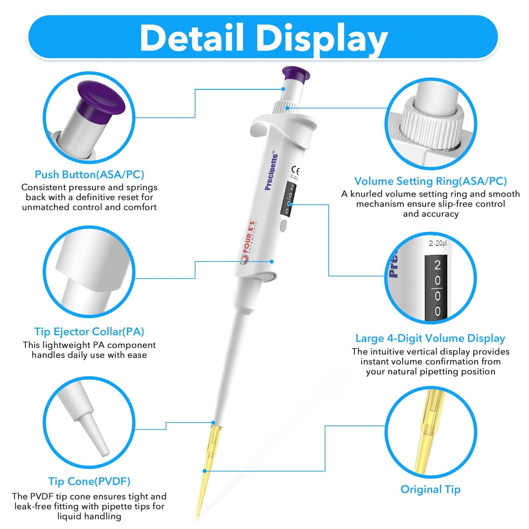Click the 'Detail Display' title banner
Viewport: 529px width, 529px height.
264,37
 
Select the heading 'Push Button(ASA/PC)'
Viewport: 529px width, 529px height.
89,175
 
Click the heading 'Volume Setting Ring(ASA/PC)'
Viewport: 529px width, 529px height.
431,181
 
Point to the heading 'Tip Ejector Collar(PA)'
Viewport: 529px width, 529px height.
89,332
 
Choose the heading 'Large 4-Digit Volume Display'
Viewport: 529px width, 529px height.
431,338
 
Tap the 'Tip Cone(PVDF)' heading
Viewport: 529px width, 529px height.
89,481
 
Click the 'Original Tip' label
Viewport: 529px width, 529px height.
431,489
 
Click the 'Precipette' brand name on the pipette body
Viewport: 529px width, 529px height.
271,172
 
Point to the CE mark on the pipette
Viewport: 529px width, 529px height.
295,171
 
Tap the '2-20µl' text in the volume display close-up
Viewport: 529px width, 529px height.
438,243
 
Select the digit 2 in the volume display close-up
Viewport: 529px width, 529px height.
437,265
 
